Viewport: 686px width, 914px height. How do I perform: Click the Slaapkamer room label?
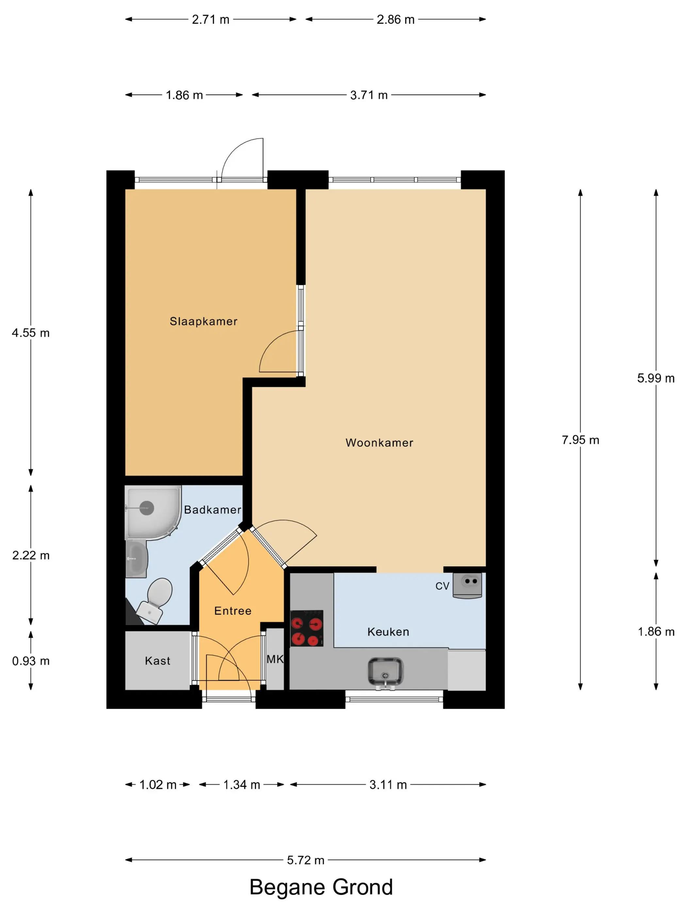[x=204, y=321]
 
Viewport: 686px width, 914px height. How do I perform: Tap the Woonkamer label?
[x=379, y=443]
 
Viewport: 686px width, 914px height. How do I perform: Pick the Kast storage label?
[x=157, y=661]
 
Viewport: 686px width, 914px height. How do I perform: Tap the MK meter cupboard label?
[x=275, y=659]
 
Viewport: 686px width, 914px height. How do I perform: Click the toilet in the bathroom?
[x=155, y=600]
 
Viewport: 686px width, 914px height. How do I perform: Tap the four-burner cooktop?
[x=306, y=628]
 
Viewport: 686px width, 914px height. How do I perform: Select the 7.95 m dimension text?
[x=580, y=440]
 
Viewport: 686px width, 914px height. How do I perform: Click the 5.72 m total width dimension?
[x=305, y=860]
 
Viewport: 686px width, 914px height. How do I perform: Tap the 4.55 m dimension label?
[x=31, y=333]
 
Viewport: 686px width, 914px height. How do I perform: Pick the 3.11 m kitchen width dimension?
[x=388, y=784]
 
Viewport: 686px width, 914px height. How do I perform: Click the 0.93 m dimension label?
[x=31, y=661]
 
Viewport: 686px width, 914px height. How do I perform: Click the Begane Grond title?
[x=321, y=887]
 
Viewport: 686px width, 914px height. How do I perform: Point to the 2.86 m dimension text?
[x=395, y=19]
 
